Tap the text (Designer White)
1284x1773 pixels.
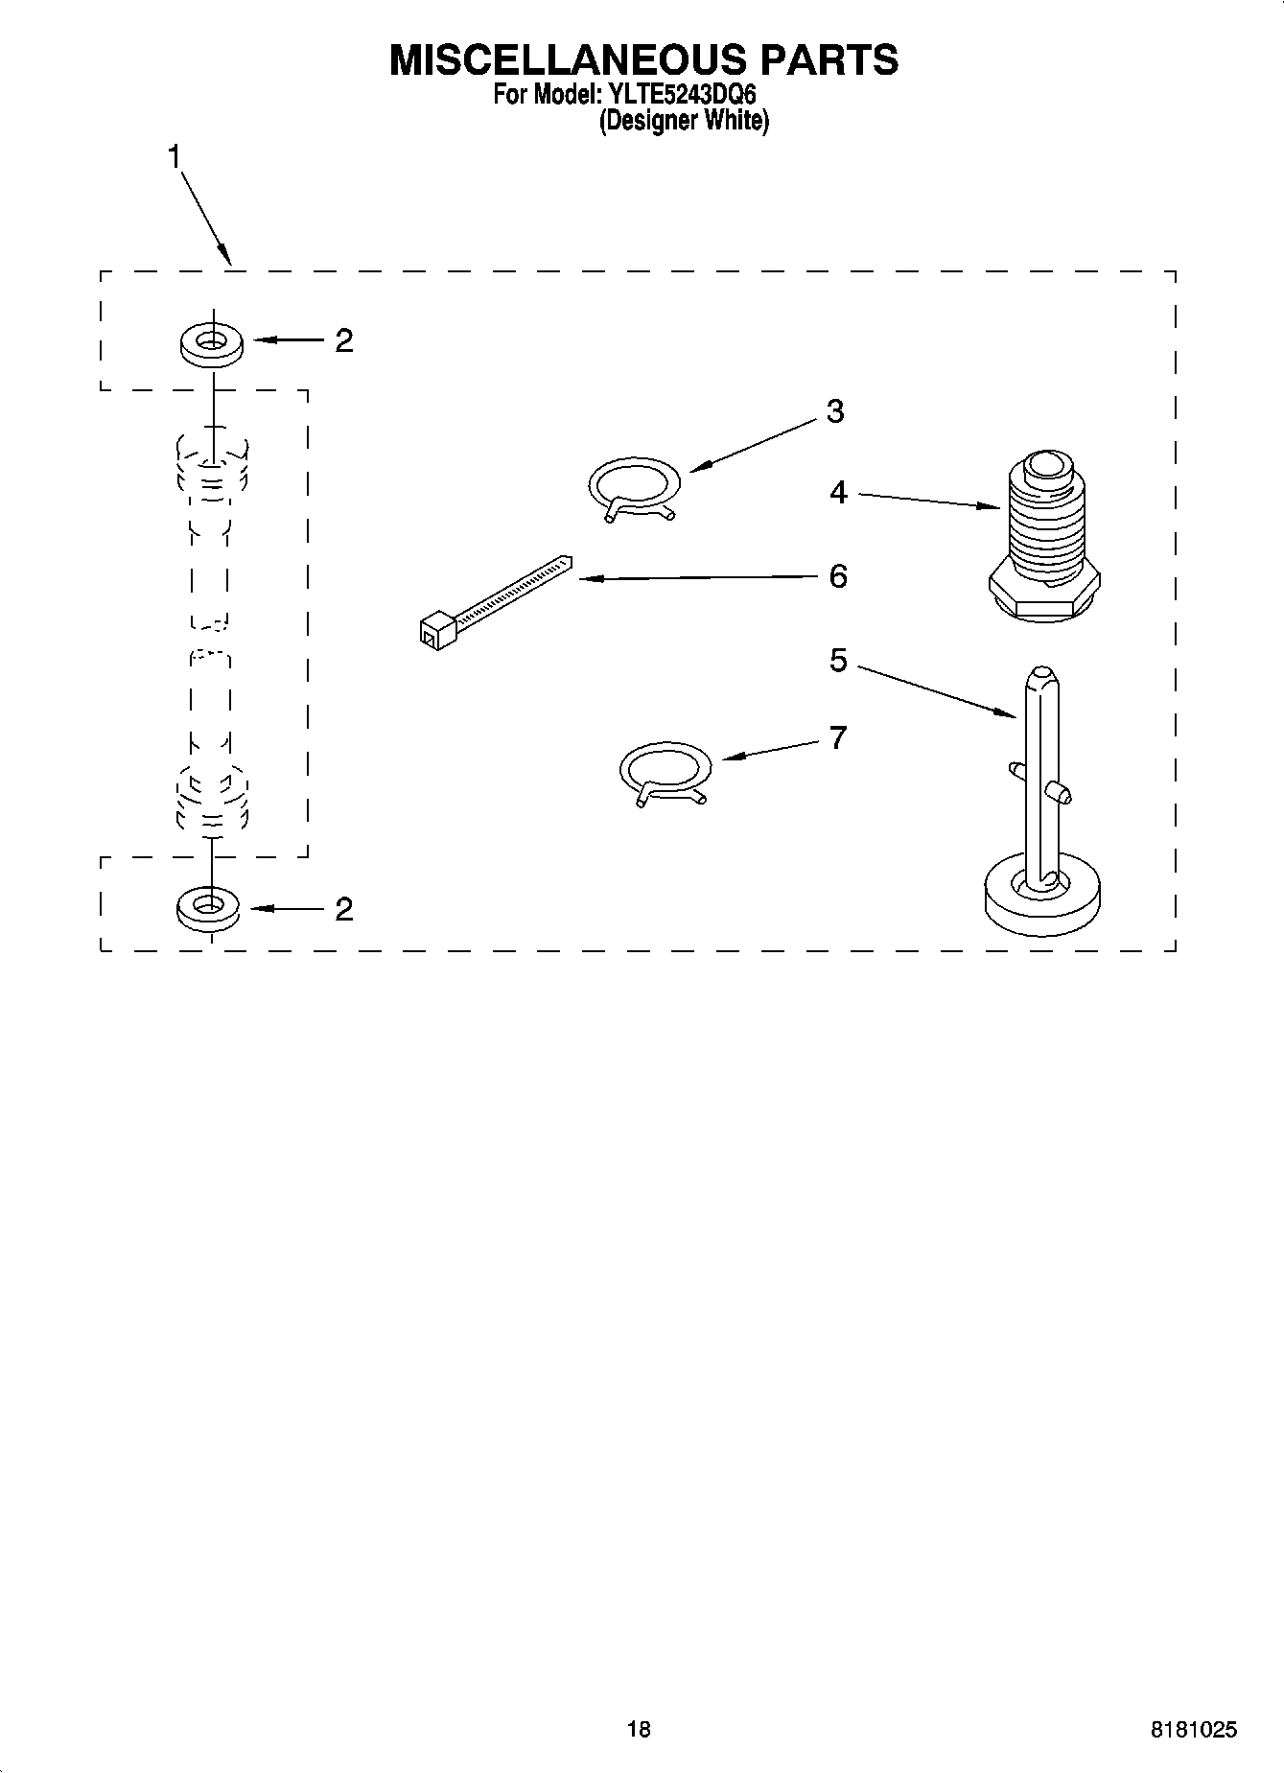pos(684,122)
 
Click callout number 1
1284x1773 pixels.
pos(175,156)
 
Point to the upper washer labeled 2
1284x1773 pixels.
pos(211,343)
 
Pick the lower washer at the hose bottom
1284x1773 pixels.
pos(208,907)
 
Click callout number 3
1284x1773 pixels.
pos(835,411)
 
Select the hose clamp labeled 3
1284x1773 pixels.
pos(634,484)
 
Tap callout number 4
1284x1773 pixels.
pos(839,493)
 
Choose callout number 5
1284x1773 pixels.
pos(839,661)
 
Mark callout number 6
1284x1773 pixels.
pos(838,576)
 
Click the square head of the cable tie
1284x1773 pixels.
pos(435,629)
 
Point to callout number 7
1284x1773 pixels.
pos(838,737)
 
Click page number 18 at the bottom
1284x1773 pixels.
pos(639,1729)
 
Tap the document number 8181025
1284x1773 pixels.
pos(1193,1730)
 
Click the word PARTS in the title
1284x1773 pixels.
pos(829,59)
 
